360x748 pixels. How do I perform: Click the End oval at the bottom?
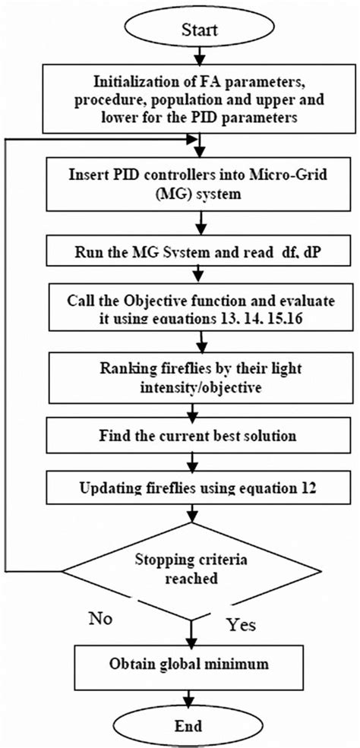pyautogui.click(x=200, y=724)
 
